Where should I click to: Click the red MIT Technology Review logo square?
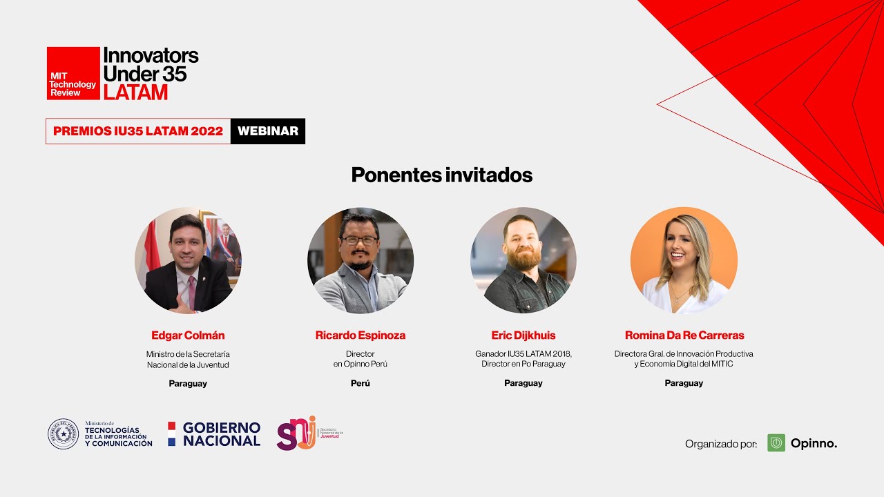pyautogui.click(x=73, y=73)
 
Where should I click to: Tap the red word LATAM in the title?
pyautogui.click(x=135, y=92)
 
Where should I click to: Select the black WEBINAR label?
pyautogui.click(x=268, y=131)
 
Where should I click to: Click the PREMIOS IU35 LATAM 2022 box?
pyautogui.click(x=138, y=131)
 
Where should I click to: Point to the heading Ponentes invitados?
pyautogui.click(x=441, y=175)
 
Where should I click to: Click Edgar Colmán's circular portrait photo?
pyautogui.click(x=188, y=261)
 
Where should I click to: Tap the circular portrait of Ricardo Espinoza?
pyautogui.click(x=361, y=261)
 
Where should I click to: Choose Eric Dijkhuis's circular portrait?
pyautogui.click(x=523, y=261)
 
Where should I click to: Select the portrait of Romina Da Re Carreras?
pyautogui.click(x=684, y=261)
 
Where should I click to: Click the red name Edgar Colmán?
pyautogui.click(x=188, y=335)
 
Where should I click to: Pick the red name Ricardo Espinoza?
pyautogui.click(x=361, y=335)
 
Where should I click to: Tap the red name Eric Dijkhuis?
pyautogui.click(x=523, y=335)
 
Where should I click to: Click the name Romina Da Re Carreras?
pyautogui.click(x=684, y=335)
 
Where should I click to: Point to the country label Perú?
pyautogui.click(x=361, y=383)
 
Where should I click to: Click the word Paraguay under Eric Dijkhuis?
pyautogui.click(x=523, y=383)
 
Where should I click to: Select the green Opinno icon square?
pyautogui.click(x=776, y=443)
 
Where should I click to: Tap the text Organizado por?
pyautogui.click(x=721, y=444)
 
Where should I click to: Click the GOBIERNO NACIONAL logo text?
pyautogui.click(x=221, y=434)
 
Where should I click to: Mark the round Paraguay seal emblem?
pyautogui.click(x=63, y=434)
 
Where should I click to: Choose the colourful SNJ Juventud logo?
pyautogui.click(x=297, y=433)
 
